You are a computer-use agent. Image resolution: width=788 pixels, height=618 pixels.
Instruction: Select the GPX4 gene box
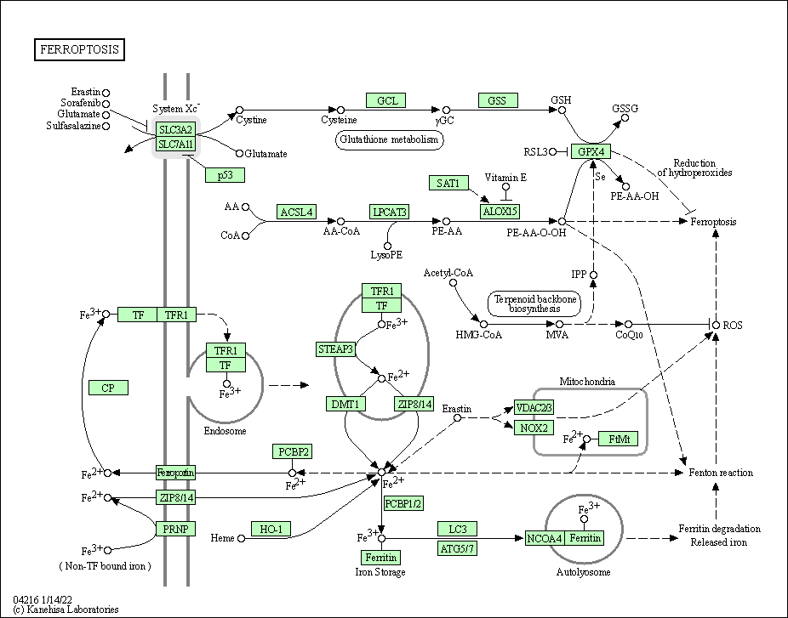[x=591, y=152]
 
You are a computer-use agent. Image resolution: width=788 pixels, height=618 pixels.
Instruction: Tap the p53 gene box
[x=225, y=174]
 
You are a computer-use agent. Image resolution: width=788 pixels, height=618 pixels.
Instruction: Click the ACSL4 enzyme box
[x=296, y=212]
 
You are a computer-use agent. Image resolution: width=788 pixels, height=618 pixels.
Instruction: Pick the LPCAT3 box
[x=389, y=212]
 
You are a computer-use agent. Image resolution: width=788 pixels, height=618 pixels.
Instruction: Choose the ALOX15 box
[x=500, y=212]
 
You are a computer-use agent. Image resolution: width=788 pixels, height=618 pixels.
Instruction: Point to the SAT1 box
[x=448, y=183]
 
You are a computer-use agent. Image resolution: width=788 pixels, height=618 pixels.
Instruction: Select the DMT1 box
[x=345, y=404]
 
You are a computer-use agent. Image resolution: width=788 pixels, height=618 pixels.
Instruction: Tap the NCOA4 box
[x=544, y=538]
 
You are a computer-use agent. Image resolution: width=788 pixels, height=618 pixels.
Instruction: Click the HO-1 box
[x=271, y=529]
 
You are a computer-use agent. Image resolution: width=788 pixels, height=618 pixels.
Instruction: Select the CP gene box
[x=108, y=388]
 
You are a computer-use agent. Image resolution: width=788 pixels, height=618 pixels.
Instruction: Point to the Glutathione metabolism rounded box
[x=391, y=139]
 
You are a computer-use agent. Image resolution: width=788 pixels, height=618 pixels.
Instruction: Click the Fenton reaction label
[x=720, y=473]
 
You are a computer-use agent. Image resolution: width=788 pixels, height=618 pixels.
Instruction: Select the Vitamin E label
[x=505, y=178]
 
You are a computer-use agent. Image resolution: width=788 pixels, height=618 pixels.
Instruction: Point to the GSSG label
[x=625, y=108]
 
